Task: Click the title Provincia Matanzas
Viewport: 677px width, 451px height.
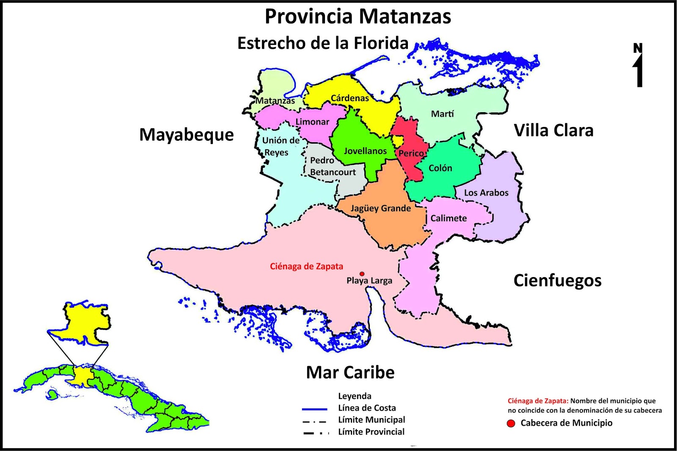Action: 358,17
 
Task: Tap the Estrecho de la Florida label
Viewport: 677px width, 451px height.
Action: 323,43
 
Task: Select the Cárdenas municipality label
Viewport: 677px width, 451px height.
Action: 350,98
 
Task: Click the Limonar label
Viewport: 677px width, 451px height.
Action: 312,122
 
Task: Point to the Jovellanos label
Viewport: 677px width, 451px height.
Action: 365,151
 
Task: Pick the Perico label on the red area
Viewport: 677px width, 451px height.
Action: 411,154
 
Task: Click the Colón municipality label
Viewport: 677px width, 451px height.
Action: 440,168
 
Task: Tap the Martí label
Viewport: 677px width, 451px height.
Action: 442,114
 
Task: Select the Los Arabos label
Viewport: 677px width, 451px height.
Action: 486,193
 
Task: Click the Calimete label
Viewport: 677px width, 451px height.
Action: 449,218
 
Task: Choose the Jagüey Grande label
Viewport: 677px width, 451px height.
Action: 380,208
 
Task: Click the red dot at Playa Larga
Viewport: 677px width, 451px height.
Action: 362,274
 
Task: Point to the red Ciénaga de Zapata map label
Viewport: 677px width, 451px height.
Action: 306,267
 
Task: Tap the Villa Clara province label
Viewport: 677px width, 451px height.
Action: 553,130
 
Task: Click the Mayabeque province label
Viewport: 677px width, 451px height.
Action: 187,135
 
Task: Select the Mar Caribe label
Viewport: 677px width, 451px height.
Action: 350,372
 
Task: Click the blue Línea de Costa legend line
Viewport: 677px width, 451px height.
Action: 314,409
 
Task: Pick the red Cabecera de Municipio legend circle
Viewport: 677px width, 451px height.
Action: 511,423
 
